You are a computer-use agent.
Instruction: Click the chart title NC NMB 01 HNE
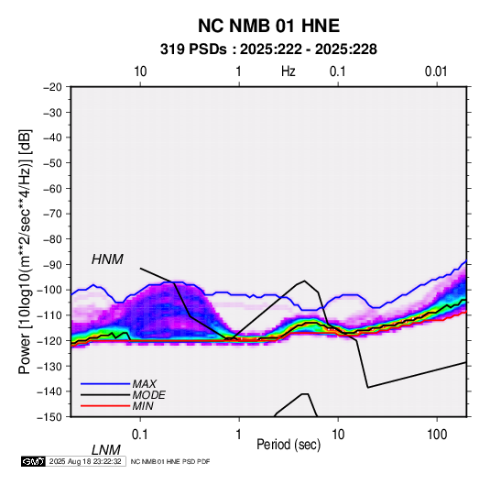point(268,26)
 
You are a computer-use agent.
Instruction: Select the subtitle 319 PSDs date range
point(268,50)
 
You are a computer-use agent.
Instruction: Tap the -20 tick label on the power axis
point(52,87)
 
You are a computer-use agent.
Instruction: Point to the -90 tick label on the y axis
point(52,265)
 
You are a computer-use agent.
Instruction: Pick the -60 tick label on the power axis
point(52,188)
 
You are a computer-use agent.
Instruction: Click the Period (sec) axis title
point(289,445)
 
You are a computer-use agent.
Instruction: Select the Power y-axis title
point(25,251)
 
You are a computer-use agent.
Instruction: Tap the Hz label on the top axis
point(289,72)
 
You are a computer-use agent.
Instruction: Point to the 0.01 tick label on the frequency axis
point(436,72)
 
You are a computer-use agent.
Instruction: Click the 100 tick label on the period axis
point(437,435)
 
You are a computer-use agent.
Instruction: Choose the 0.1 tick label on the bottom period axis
point(140,435)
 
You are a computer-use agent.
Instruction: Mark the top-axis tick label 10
point(140,72)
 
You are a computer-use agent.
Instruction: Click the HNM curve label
point(107,259)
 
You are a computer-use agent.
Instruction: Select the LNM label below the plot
point(105,450)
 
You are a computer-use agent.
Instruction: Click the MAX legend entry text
point(145,383)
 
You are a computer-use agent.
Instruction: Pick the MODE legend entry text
point(148,395)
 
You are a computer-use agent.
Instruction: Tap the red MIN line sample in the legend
point(105,406)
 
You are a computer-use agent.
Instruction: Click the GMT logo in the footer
point(34,461)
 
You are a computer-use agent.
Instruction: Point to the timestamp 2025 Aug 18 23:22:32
point(85,461)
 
